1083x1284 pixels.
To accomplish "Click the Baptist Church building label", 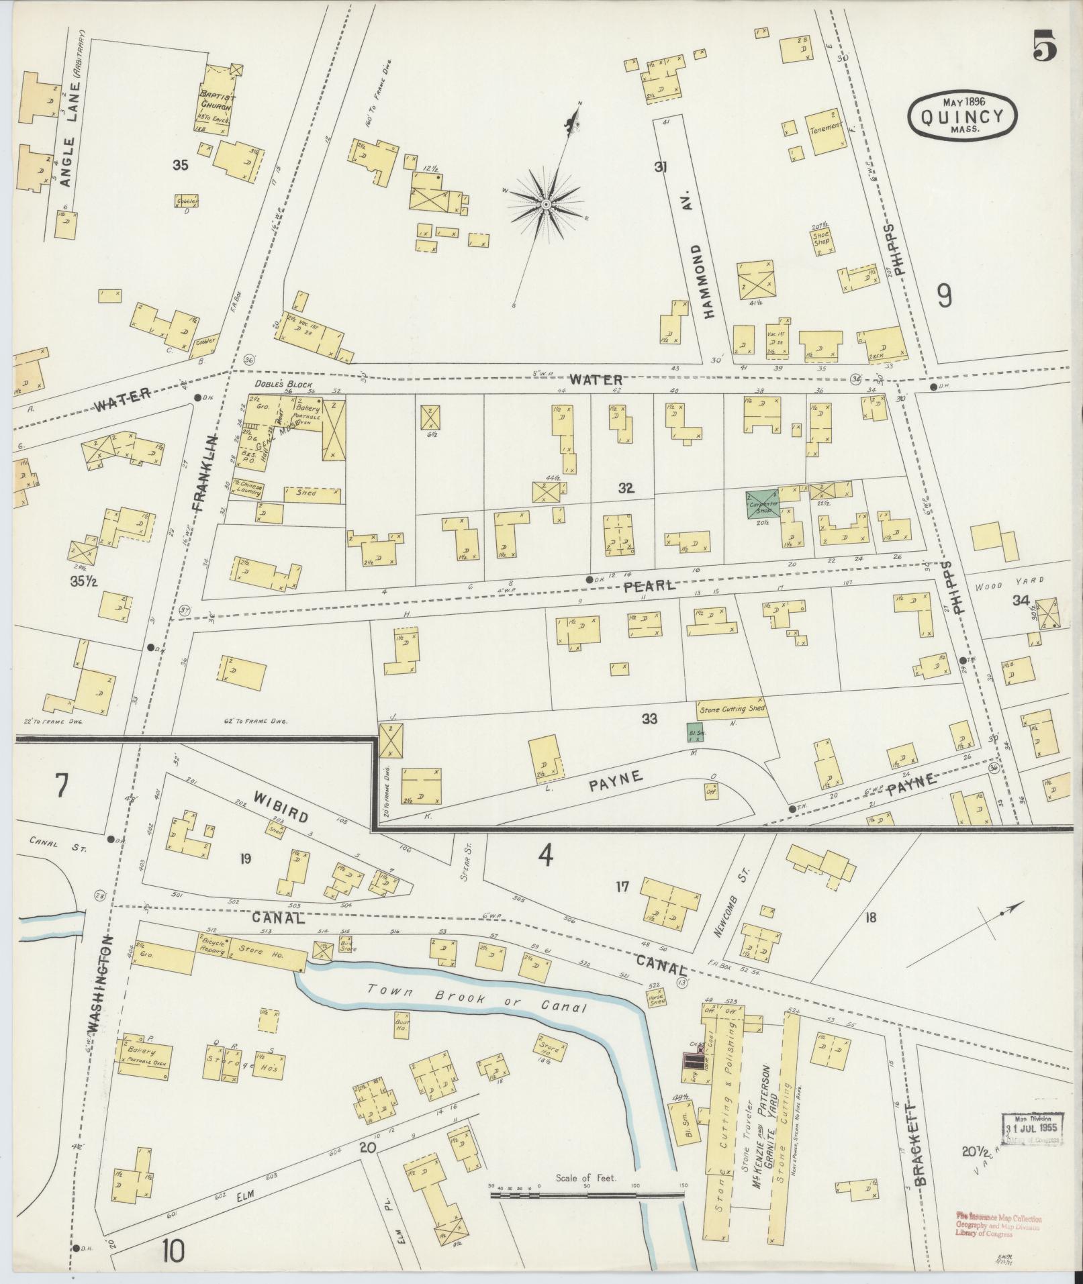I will [216, 101].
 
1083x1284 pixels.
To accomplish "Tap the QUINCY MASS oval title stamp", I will [963, 116].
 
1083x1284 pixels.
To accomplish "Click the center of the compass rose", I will [547, 203].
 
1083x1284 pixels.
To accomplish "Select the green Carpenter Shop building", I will [762, 504].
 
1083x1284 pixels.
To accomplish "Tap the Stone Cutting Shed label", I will [731, 709].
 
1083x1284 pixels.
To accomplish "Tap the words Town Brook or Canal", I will [477, 998].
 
